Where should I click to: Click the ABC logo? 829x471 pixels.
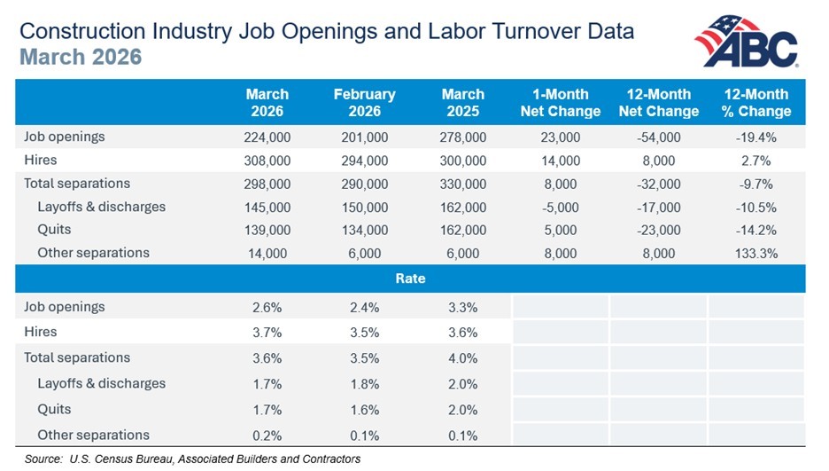click(747, 42)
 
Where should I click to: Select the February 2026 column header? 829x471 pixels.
click(364, 103)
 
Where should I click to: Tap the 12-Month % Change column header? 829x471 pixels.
click(756, 103)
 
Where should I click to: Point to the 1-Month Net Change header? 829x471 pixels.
click(561, 103)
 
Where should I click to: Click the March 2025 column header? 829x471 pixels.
click(462, 103)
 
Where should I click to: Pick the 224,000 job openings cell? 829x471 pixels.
click(267, 137)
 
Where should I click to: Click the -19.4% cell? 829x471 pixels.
click(756, 137)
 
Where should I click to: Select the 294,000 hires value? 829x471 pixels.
click(364, 161)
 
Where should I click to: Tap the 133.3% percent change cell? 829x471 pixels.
click(756, 254)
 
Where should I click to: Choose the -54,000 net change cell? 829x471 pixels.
click(659, 137)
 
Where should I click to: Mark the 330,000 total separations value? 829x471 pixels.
click(462, 184)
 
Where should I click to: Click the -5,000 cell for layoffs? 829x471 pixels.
click(561, 208)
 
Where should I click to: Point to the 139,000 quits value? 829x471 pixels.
click(267, 231)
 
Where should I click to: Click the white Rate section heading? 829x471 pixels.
click(410, 279)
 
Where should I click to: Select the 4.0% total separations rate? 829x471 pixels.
click(462, 358)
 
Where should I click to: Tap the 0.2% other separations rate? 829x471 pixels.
click(267, 436)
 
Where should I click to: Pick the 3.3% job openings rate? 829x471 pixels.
click(462, 308)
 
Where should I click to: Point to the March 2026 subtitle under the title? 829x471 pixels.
click(81, 57)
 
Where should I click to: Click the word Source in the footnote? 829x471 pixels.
click(43, 459)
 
